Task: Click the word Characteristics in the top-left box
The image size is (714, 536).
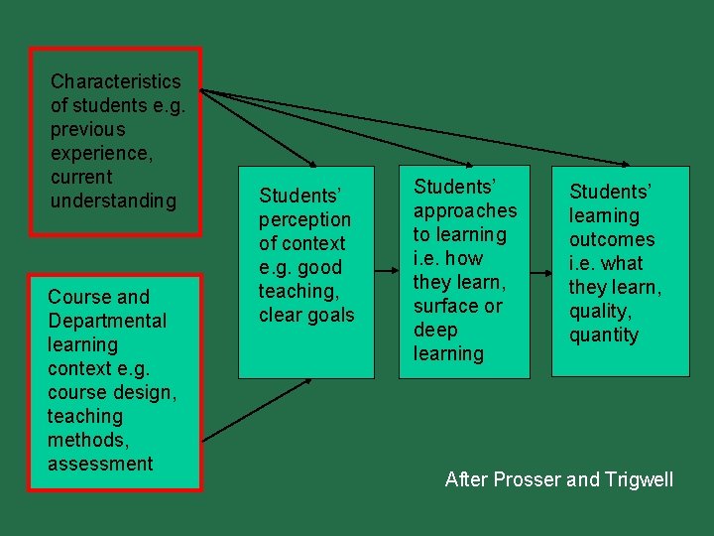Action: point(115,81)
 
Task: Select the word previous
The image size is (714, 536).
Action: point(88,129)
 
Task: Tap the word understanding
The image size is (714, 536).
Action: point(113,201)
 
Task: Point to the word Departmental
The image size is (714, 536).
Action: point(107,321)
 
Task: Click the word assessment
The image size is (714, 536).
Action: point(100,464)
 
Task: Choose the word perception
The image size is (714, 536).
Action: point(304,219)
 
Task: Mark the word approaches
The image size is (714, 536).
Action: point(465,210)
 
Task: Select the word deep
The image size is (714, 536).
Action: point(435,330)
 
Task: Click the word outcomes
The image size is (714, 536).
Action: point(612,239)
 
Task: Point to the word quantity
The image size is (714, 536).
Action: point(604,335)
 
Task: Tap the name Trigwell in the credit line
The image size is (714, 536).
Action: point(636,480)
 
